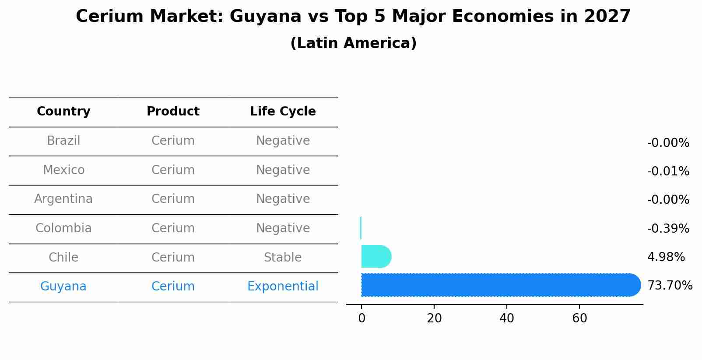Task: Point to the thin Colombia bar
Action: click(x=361, y=228)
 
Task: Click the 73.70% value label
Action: click(x=670, y=286)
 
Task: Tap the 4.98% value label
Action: click(x=666, y=257)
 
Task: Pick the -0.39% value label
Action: click(x=668, y=229)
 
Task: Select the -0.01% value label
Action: click(x=668, y=171)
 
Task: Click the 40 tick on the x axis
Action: click(x=507, y=318)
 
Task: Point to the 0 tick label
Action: click(x=362, y=318)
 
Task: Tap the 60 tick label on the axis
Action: click(x=579, y=318)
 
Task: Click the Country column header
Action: click(x=63, y=112)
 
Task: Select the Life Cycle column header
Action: click(x=283, y=112)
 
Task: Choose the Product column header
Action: click(x=173, y=112)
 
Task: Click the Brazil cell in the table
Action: click(x=63, y=141)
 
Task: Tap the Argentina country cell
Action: click(x=63, y=199)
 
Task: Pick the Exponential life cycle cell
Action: click(x=283, y=287)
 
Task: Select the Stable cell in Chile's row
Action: click(x=283, y=258)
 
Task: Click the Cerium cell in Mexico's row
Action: click(x=173, y=170)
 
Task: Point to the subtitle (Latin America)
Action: click(x=353, y=43)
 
